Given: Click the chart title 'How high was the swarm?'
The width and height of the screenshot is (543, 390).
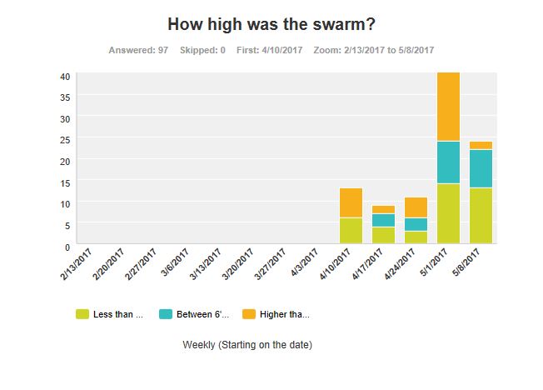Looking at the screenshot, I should point(271,24).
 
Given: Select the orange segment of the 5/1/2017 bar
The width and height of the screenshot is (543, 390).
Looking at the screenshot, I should point(448,107).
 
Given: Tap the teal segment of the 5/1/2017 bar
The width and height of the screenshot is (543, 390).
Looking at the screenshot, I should point(448,162).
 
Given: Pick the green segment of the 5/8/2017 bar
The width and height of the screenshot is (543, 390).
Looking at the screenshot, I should point(481,215).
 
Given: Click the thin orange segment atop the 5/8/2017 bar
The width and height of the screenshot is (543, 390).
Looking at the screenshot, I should point(481,145).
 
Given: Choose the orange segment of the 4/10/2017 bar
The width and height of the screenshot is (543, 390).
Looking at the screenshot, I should point(351,202).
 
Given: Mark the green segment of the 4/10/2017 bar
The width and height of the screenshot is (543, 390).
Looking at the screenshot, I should point(351,230).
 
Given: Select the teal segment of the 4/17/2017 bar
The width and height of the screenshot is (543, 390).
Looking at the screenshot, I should point(383,220).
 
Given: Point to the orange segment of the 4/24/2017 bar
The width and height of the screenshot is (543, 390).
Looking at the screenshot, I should point(416,207).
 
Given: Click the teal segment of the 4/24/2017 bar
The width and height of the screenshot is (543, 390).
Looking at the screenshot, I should point(416,224).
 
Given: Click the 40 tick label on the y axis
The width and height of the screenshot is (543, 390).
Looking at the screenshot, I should point(64,76).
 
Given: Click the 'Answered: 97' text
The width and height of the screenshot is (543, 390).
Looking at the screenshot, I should point(138,50).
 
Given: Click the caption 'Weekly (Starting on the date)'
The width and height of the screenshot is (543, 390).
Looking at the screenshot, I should point(247,343).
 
